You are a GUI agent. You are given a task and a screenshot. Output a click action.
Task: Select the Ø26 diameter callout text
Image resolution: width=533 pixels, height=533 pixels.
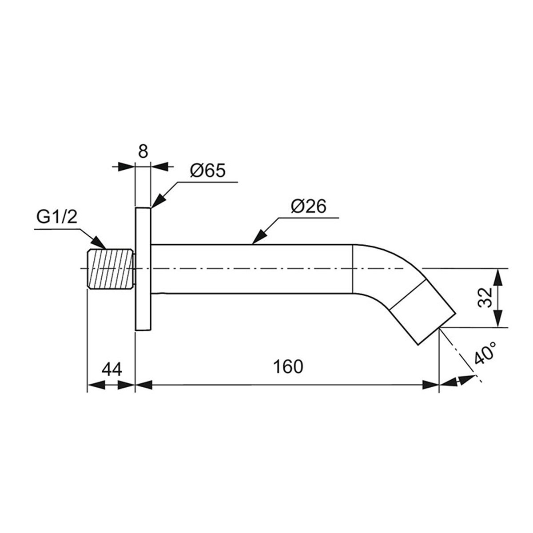(308, 206)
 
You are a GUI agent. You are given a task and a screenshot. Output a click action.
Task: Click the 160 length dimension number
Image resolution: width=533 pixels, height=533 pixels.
(288, 367)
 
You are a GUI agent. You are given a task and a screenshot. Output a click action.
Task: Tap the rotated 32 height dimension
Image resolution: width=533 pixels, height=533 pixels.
(485, 297)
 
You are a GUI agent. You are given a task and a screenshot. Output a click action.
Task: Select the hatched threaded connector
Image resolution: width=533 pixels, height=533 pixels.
(111, 269)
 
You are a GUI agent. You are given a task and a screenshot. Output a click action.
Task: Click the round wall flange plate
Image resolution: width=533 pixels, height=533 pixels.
(143, 269)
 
